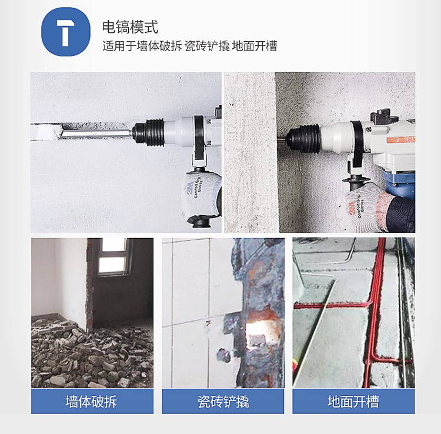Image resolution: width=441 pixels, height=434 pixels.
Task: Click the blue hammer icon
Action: click(x=66, y=32)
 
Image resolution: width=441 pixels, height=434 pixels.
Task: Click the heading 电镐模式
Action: click(x=130, y=27)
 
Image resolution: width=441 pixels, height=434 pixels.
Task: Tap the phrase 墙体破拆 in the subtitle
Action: click(x=159, y=46)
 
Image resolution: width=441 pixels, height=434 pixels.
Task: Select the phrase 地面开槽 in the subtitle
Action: click(x=255, y=46)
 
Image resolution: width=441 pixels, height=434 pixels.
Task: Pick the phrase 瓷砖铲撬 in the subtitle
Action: click(x=207, y=46)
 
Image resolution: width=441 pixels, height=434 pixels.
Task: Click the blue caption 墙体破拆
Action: click(x=91, y=402)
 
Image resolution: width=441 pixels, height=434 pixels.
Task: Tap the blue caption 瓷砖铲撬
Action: click(x=223, y=402)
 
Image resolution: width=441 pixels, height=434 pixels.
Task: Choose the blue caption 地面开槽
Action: click(x=353, y=402)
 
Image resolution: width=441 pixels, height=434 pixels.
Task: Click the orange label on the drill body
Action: click(x=401, y=140)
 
